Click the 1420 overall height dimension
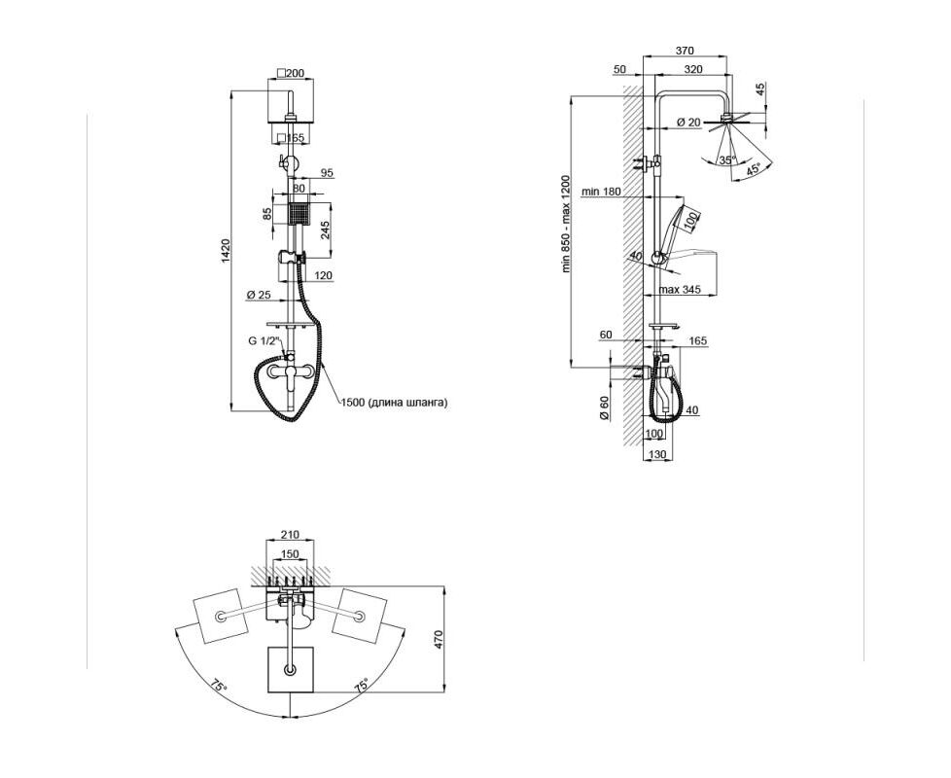(x=226, y=251)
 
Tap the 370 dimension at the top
(x=685, y=51)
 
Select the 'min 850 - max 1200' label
(x=566, y=224)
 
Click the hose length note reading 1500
(x=395, y=402)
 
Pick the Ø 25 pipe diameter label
(x=259, y=296)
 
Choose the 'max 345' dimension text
(x=680, y=290)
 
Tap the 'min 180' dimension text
(x=602, y=192)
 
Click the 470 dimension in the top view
(x=440, y=640)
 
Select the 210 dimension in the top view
(x=291, y=535)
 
